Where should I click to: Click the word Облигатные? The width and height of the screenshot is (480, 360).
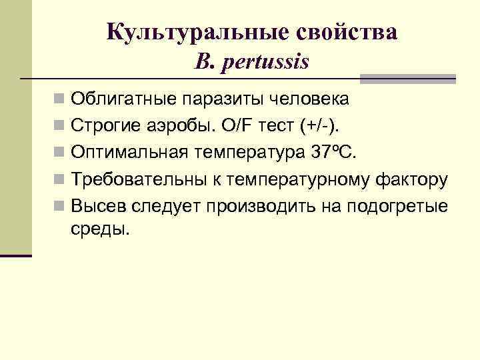[x=123, y=99]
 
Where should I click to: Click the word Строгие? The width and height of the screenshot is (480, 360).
[x=105, y=125]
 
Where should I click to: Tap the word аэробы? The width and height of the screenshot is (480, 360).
[x=176, y=125]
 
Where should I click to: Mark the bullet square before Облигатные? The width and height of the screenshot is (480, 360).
[x=60, y=100]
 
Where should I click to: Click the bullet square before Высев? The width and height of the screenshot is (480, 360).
[x=60, y=205]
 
